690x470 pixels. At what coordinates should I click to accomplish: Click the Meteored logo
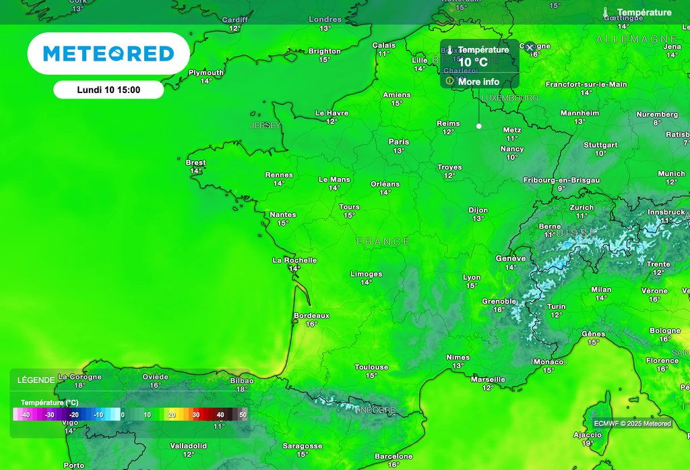point(108,54)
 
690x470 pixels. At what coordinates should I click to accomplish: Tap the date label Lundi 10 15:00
point(108,90)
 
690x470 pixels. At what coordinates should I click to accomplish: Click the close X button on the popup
point(530,48)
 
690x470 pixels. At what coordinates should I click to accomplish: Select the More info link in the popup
point(478,82)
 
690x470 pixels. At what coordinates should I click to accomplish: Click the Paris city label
point(399,142)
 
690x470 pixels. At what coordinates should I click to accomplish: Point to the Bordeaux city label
point(311,315)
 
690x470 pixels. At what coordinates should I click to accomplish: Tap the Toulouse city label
point(371,367)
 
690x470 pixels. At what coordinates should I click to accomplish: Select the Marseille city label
point(488,379)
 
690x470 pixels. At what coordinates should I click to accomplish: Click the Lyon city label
point(472,277)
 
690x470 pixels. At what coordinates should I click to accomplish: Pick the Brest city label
point(195,163)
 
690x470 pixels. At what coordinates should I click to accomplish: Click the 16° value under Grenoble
point(499,310)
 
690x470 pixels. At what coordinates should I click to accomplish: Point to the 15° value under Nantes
point(282,223)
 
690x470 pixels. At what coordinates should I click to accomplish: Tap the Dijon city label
point(478,210)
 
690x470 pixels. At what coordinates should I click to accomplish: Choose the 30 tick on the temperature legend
point(196,415)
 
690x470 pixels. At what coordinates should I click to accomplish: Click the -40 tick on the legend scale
point(25,415)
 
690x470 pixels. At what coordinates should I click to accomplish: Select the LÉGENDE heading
point(36,380)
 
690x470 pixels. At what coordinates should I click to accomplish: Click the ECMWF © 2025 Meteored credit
point(632,423)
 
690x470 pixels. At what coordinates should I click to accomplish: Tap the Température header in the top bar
point(644,12)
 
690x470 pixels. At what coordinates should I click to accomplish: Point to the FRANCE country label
point(383,241)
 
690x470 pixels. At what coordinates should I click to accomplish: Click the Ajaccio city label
point(587,435)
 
